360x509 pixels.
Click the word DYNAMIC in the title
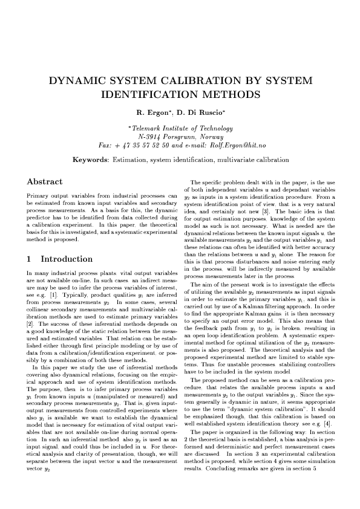pos(76,82)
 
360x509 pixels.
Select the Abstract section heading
pos(45,181)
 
